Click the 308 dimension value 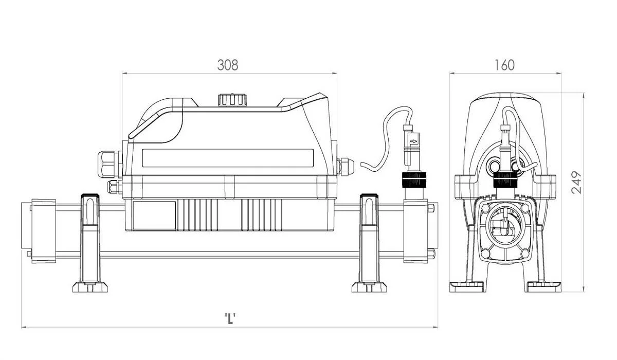[227, 65]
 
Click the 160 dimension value [504, 65]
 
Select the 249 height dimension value [576, 183]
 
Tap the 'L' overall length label [230, 319]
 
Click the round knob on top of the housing [232, 100]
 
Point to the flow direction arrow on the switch [414, 141]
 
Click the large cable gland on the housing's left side [110, 164]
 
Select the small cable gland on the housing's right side [346, 167]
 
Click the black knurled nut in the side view [413, 179]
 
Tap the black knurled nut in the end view [504, 179]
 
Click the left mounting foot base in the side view [90, 287]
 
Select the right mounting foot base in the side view [369, 287]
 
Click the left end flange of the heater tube [44, 231]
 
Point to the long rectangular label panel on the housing [228, 158]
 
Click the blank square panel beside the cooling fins [154, 215]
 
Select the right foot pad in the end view [543, 287]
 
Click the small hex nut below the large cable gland [114, 187]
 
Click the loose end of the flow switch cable [361, 164]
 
